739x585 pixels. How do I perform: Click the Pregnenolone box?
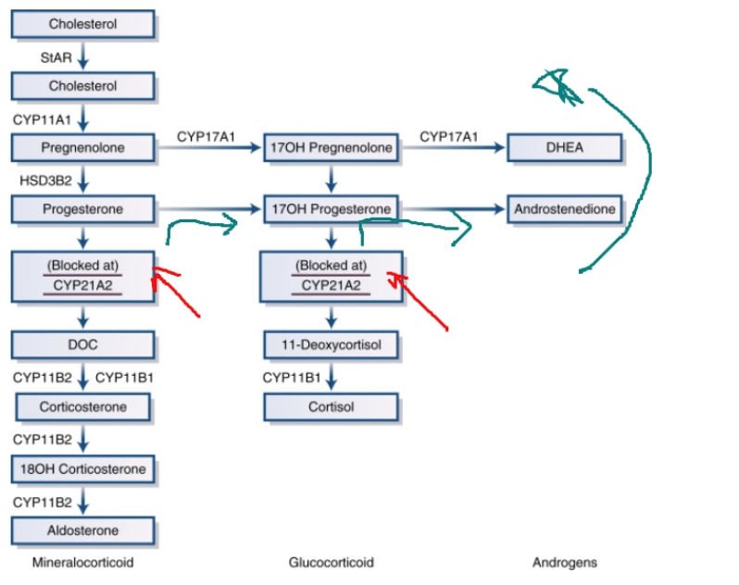pos(82,147)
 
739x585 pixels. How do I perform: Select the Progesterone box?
pos(82,209)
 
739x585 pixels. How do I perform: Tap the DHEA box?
pos(565,147)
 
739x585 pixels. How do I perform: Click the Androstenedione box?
pos(565,209)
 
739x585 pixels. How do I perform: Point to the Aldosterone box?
pos(82,530)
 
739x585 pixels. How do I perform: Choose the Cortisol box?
pos(332,407)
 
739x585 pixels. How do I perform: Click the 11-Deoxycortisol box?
pos(332,345)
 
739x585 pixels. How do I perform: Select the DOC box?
pos(82,345)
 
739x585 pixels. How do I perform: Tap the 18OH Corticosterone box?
pos(82,469)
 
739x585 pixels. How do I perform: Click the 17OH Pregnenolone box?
pos(332,147)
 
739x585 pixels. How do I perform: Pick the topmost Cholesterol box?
pos(82,24)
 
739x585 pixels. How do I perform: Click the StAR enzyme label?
pos(56,57)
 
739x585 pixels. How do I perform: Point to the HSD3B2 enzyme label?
pos(42,178)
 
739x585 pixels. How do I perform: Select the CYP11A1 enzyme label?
pos(42,119)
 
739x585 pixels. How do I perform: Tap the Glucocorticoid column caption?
pos(332,562)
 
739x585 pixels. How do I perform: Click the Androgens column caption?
pos(565,562)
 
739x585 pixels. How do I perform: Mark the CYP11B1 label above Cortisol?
pos(291,378)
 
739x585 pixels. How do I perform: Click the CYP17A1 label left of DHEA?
pos(449,137)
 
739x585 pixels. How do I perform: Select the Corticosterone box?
pos(82,407)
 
